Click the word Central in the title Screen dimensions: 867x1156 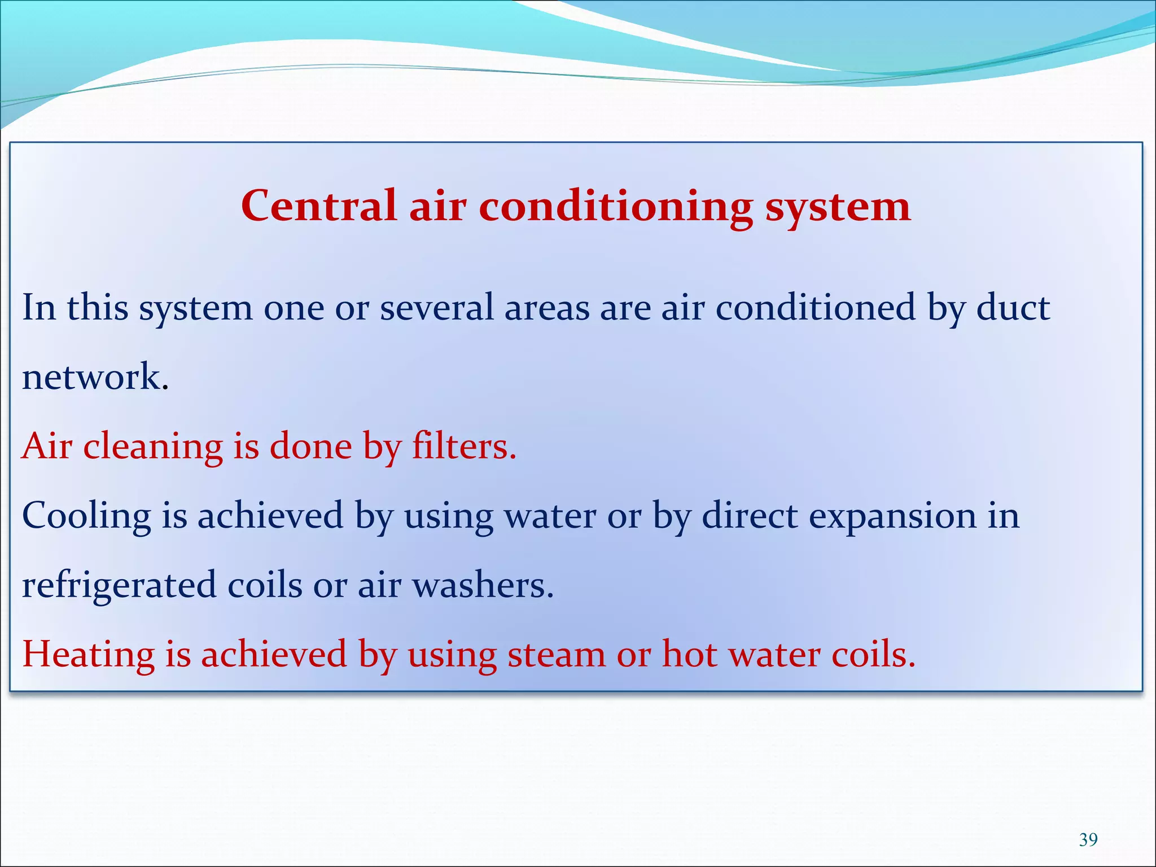point(318,206)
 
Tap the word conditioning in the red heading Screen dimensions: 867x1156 point(615,207)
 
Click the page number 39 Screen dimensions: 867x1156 point(1088,839)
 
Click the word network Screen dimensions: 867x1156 point(95,376)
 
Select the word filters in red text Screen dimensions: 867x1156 point(464,446)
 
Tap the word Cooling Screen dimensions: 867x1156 point(86,516)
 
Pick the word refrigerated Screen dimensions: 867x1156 point(119,585)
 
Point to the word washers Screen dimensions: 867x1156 point(483,585)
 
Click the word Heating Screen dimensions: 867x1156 point(88,655)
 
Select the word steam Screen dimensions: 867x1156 point(556,655)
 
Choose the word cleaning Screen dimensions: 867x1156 point(153,446)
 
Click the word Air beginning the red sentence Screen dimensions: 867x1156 point(47,446)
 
